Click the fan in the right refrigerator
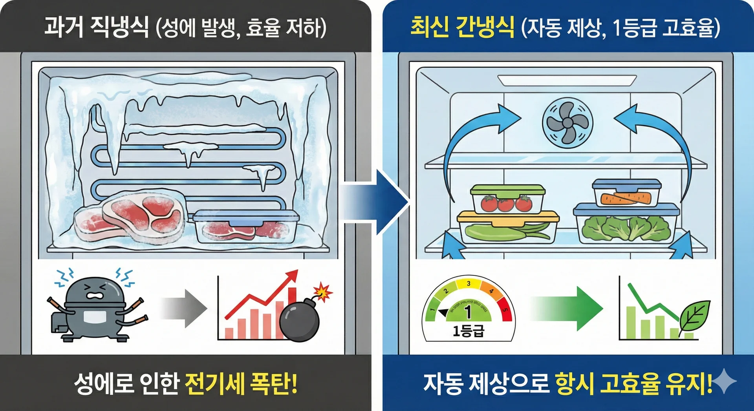567,123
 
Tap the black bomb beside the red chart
300,321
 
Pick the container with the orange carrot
627,193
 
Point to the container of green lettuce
626,224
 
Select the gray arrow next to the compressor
184,309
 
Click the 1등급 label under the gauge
468,331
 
